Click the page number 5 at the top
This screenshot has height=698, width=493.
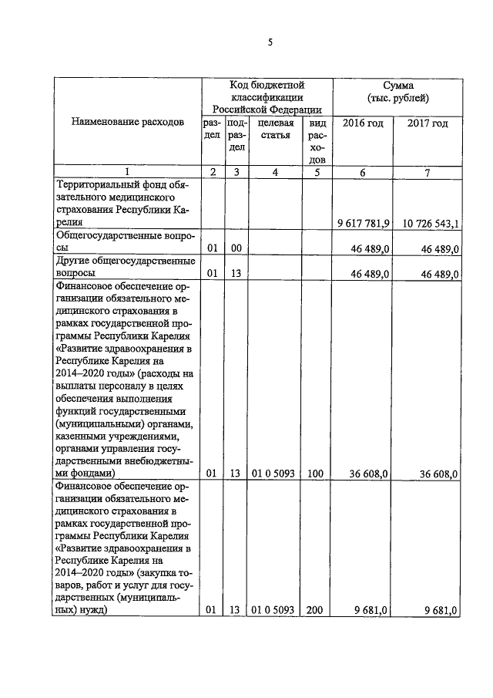[x=270, y=44]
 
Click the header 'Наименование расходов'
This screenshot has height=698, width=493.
[x=128, y=123]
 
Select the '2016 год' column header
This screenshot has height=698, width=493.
[x=363, y=123]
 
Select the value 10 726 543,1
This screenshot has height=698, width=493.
[x=431, y=223]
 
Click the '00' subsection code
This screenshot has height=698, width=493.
[x=236, y=248]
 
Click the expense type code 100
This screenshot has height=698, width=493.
[x=314, y=474]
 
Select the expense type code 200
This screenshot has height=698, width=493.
[x=314, y=610]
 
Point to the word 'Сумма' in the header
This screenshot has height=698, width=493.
[x=398, y=85]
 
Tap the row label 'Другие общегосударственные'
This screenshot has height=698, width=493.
[x=126, y=261]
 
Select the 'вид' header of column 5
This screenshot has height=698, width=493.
[x=315, y=123]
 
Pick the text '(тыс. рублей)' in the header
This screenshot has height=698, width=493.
[x=398, y=98]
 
